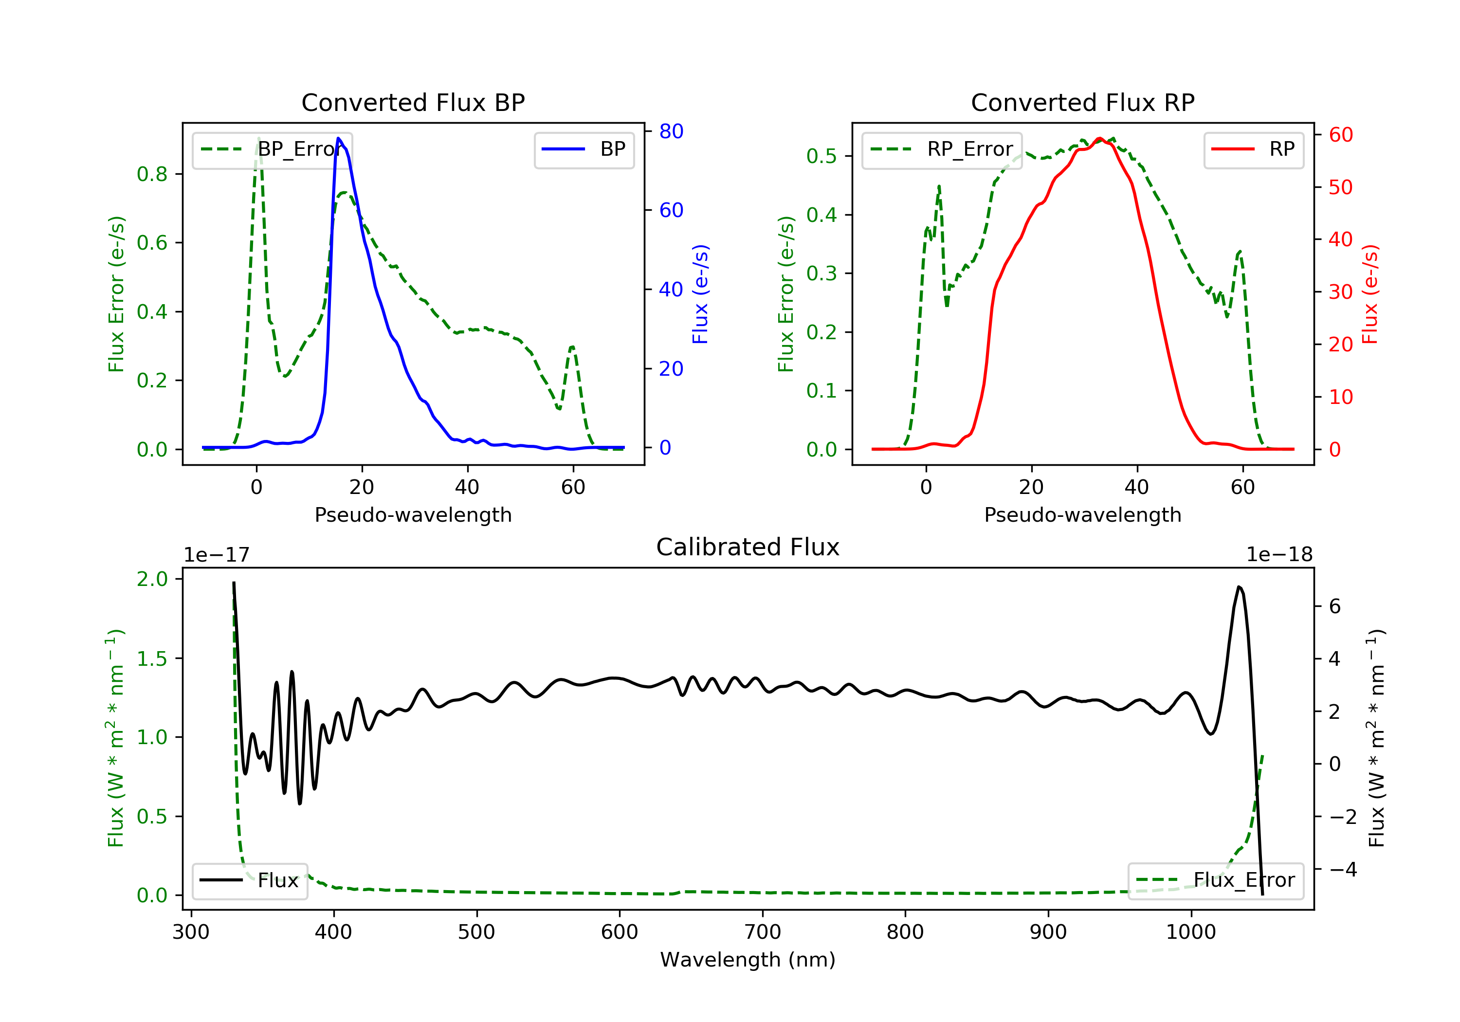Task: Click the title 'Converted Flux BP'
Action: coord(413,102)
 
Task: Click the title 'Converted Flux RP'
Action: coord(1082,102)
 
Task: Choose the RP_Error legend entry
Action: coord(942,149)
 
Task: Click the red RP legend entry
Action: coord(1253,149)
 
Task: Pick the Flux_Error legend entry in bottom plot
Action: coord(1215,880)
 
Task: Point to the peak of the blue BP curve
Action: coord(338,139)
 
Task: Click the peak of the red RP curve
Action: coord(1099,139)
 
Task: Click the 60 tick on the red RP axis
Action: coord(1340,135)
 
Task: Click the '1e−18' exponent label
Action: coord(1279,555)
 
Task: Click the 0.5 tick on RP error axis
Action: coord(821,156)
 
